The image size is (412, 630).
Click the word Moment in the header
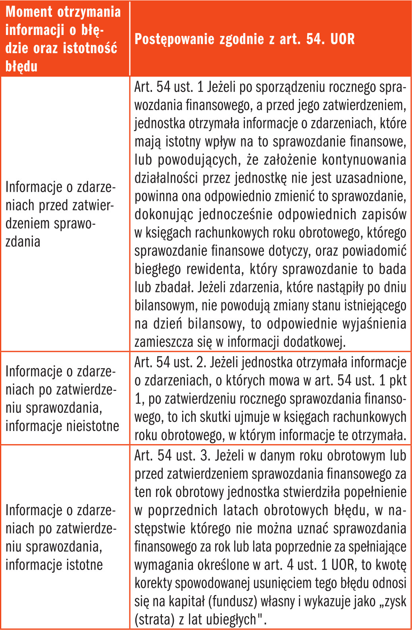pyautogui.click(x=29, y=12)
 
